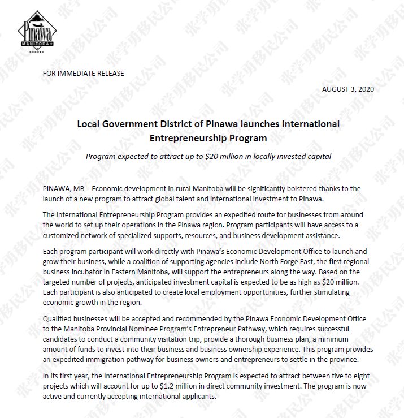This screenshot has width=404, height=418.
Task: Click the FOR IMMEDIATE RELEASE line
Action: point(83,74)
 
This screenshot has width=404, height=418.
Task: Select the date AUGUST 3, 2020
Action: point(347,89)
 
